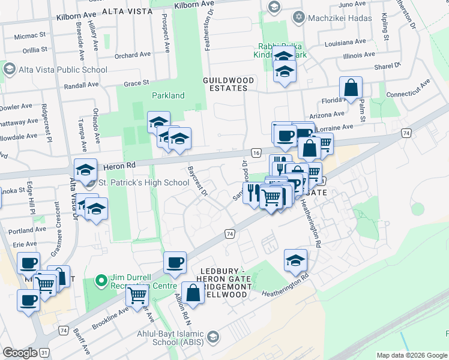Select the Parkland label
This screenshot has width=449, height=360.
pyautogui.click(x=168, y=95)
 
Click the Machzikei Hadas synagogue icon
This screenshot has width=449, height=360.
pyautogui.click(x=298, y=17)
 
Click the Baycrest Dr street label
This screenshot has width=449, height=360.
pyautogui.click(x=197, y=181)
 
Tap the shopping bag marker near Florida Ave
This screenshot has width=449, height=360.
pyautogui.click(x=351, y=89)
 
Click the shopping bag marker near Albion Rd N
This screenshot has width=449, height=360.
pyautogui.click(x=193, y=294)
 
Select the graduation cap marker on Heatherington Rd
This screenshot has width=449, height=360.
pyautogui.click(x=295, y=262)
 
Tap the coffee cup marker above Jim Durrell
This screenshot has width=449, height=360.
pyautogui.click(x=175, y=263)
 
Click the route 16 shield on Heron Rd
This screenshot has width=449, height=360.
pyautogui.click(x=256, y=154)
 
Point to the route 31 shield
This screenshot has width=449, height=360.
pyautogui.click(x=44, y=353)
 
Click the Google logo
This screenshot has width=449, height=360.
pyautogui.click(x=20, y=353)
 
